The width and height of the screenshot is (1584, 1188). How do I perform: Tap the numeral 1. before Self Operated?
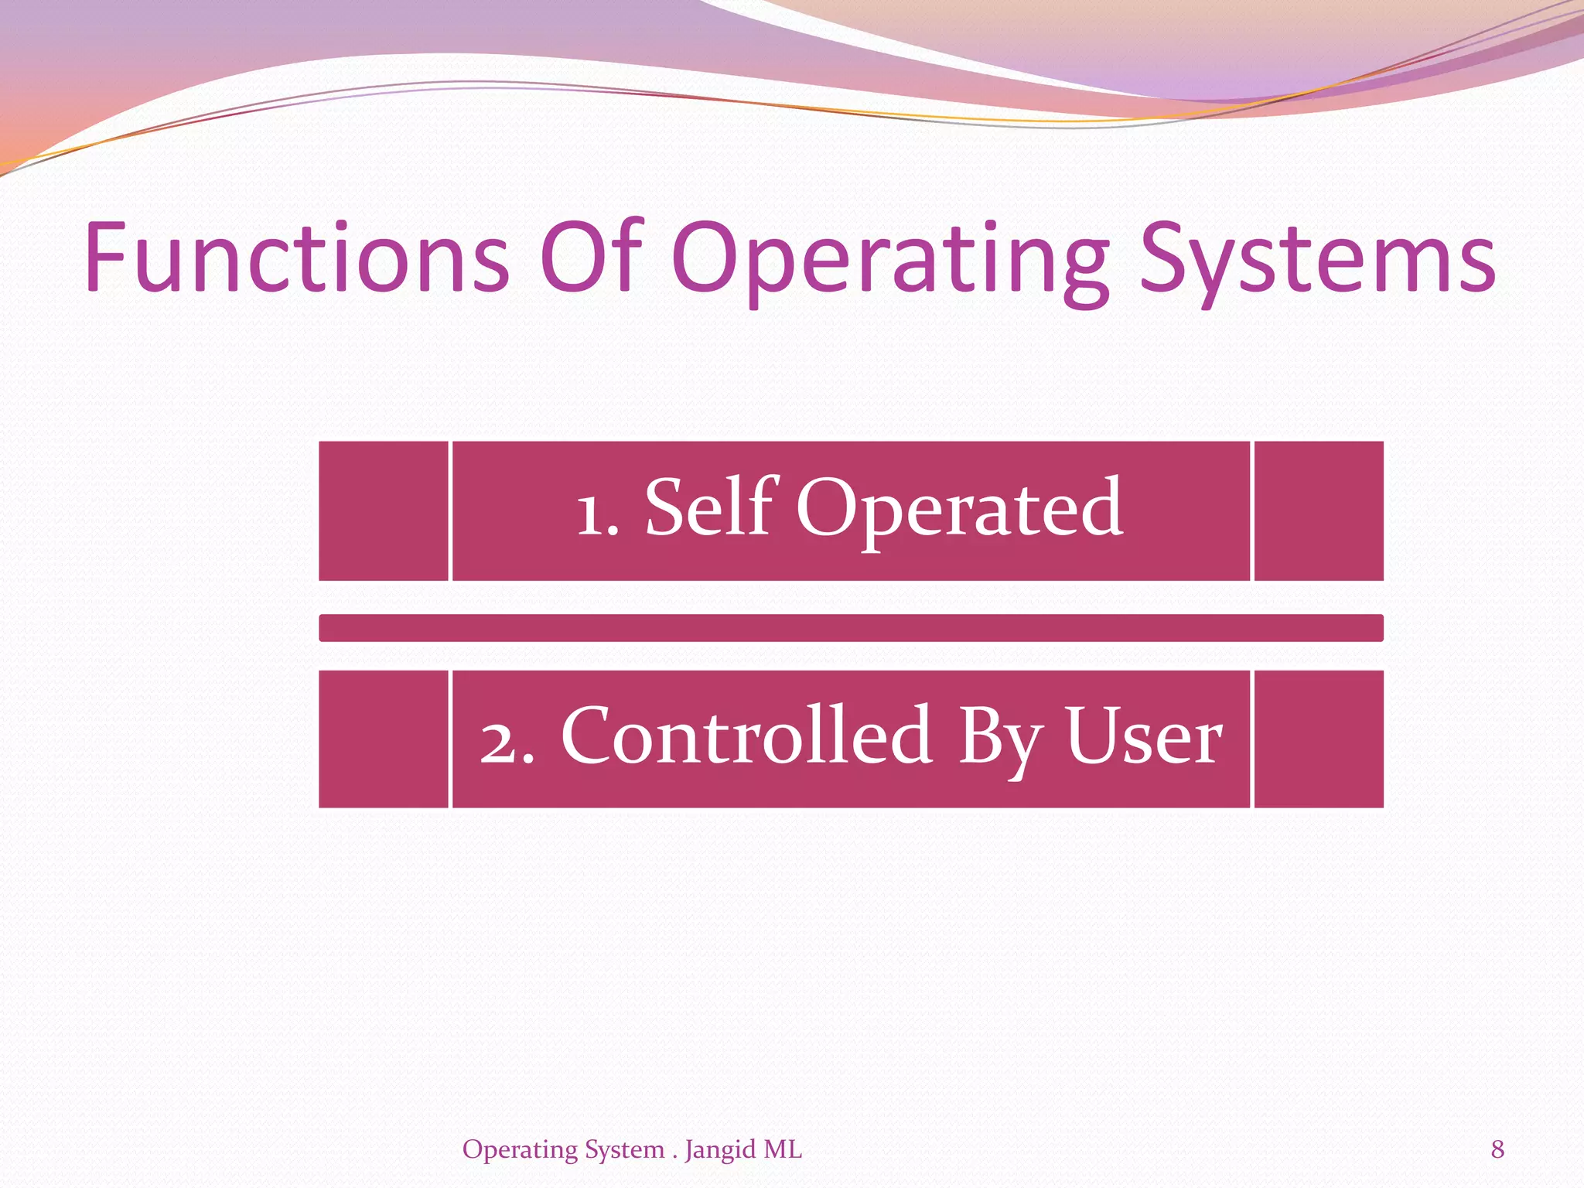[x=598, y=514]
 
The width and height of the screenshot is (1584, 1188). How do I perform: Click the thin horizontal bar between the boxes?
[x=851, y=628]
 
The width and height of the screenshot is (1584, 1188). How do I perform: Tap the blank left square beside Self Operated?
[x=384, y=510]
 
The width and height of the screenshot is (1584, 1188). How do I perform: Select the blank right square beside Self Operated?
[x=1318, y=510]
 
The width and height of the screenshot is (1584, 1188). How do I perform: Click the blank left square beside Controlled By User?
[x=384, y=739]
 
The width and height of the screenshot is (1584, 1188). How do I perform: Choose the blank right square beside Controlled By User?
[x=1318, y=739]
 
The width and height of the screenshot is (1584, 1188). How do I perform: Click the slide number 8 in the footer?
[x=1497, y=1149]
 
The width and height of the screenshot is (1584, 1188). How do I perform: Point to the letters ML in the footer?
[x=783, y=1149]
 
